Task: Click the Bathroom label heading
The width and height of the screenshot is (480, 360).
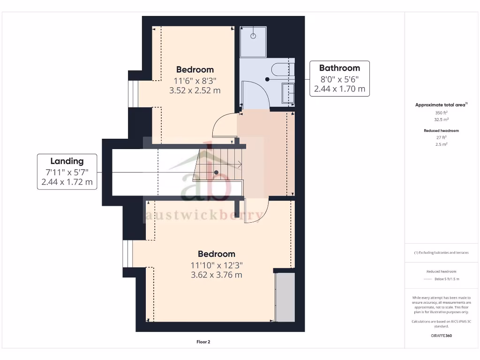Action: click(x=339, y=68)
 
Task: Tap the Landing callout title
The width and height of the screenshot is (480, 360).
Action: click(x=67, y=161)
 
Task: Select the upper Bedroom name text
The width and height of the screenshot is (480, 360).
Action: click(x=195, y=70)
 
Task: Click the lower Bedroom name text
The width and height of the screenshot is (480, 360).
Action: click(x=216, y=254)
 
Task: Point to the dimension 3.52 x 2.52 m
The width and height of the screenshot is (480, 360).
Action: click(x=195, y=90)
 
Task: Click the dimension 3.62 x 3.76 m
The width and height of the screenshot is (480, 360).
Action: click(x=216, y=275)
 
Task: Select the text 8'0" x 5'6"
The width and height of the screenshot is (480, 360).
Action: click(x=339, y=79)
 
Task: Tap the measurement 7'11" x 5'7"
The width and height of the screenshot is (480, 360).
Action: click(x=67, y=172)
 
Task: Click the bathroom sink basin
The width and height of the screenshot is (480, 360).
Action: click(x=288, y=93)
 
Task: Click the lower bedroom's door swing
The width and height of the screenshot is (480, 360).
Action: click(x=257, y=211)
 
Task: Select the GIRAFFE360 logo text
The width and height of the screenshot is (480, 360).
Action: click(x=441, y=336)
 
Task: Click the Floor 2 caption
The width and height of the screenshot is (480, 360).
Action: click(x=203, y=342)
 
